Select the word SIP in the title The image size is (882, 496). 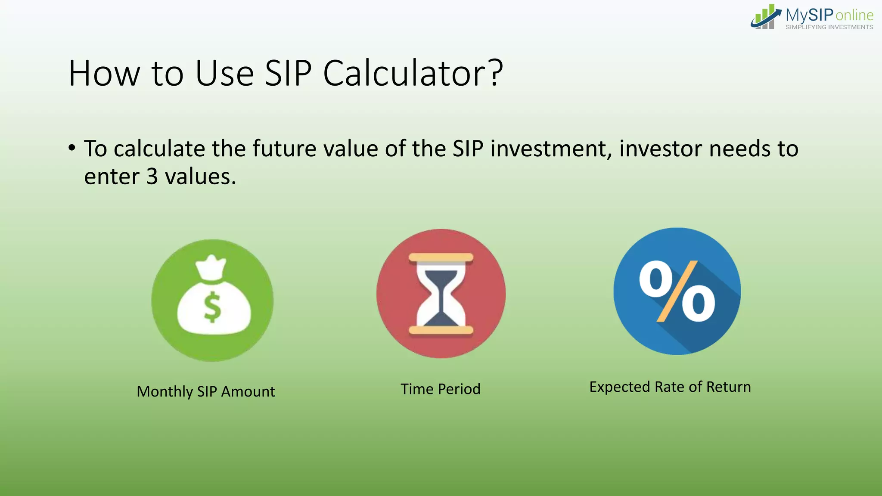pos(288,74)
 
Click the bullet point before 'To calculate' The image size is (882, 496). pos(72,148)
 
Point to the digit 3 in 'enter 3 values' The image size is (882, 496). pos(152,177)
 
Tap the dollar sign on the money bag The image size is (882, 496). pos(212,307)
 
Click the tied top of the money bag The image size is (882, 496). pos(211,267)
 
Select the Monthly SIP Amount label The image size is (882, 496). pos(205,391)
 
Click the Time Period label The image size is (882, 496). pos(440,389)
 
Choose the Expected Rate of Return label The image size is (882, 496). pos(670,387)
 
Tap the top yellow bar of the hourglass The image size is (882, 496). pos(441,258)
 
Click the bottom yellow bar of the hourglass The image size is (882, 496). pos(441,330)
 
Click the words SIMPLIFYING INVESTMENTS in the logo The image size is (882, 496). pos(829,27)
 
